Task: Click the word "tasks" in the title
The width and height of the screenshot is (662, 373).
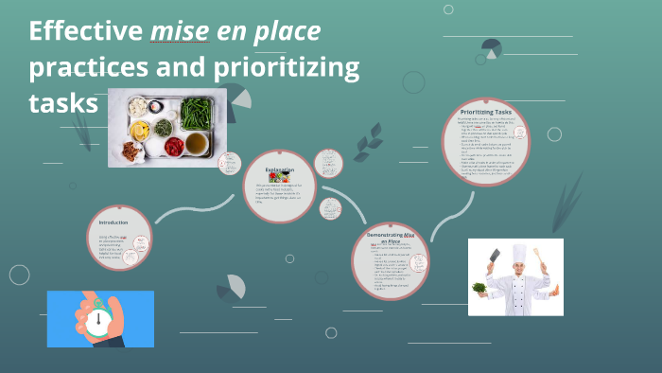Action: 63,102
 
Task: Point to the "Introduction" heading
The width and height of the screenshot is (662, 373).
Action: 113,222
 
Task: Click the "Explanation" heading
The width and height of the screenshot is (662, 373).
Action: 279,169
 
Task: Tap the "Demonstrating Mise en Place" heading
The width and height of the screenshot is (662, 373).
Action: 391,236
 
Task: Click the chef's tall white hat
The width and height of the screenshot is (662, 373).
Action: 518,253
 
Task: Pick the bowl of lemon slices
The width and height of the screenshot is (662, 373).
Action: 139,130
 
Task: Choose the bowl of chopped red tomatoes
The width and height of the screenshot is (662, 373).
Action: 174,147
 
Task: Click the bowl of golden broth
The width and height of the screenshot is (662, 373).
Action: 197,143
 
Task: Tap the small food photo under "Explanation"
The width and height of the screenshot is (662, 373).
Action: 279,177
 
